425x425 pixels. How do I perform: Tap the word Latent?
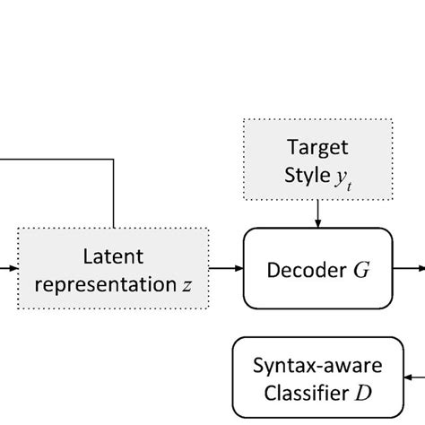[113, 256]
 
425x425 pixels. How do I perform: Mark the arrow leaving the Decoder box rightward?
[408, 267]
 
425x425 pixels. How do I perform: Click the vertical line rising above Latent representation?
[113, 193]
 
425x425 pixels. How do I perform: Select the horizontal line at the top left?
[54, 158]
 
